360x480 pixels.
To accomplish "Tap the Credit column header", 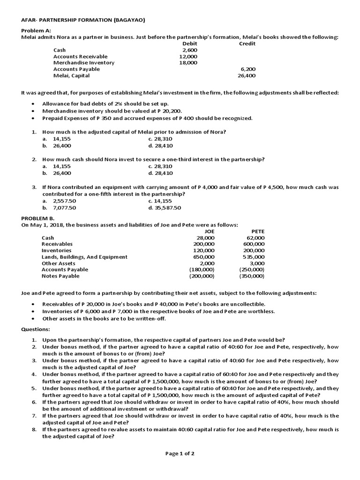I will pyautogui.click(x=247, y=44).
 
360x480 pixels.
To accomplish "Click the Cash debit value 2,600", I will pyautogui.click(x=190, y=50).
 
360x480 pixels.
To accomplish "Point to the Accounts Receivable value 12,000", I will pyautogui.click(x=188, y=56).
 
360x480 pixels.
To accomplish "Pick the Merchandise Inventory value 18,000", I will pyautogui.click(x=188, y=62).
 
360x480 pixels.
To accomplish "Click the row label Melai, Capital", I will pyautogui.click(x=71, y=75).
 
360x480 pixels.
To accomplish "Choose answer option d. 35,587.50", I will pyautogui.click(x=165, y=208).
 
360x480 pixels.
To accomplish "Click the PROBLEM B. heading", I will pyautogui.click(x=38, y=218).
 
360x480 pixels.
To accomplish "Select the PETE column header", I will pyautogui.click(x=258, y=231).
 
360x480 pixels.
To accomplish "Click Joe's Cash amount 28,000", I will pyautogui.click(x=205, y=238).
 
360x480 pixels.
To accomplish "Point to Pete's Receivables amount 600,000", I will pyautogui.click(x=254, y=244).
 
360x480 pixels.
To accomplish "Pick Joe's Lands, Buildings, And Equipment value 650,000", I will pyautogui.click(x=204, y=257).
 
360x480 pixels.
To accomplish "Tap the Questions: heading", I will pyautogui.click(x=36, y=329).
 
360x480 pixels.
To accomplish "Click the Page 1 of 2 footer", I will pyautogui.click(x=180, y=453).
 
